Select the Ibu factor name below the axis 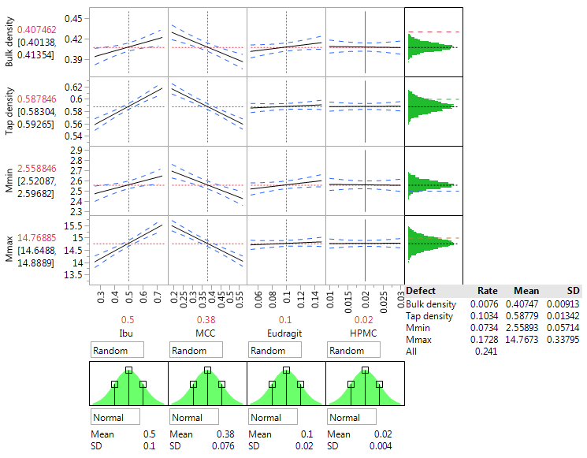pyautogui.click(x=129, y=333)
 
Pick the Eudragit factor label pyautogui.click(x=286, y=333)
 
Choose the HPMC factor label pyautogui.click(x=365, y=333)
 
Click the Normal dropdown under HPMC pyautogui.click(x=351, y=417)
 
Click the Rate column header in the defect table pyautogui.click(x=487, y=291)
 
